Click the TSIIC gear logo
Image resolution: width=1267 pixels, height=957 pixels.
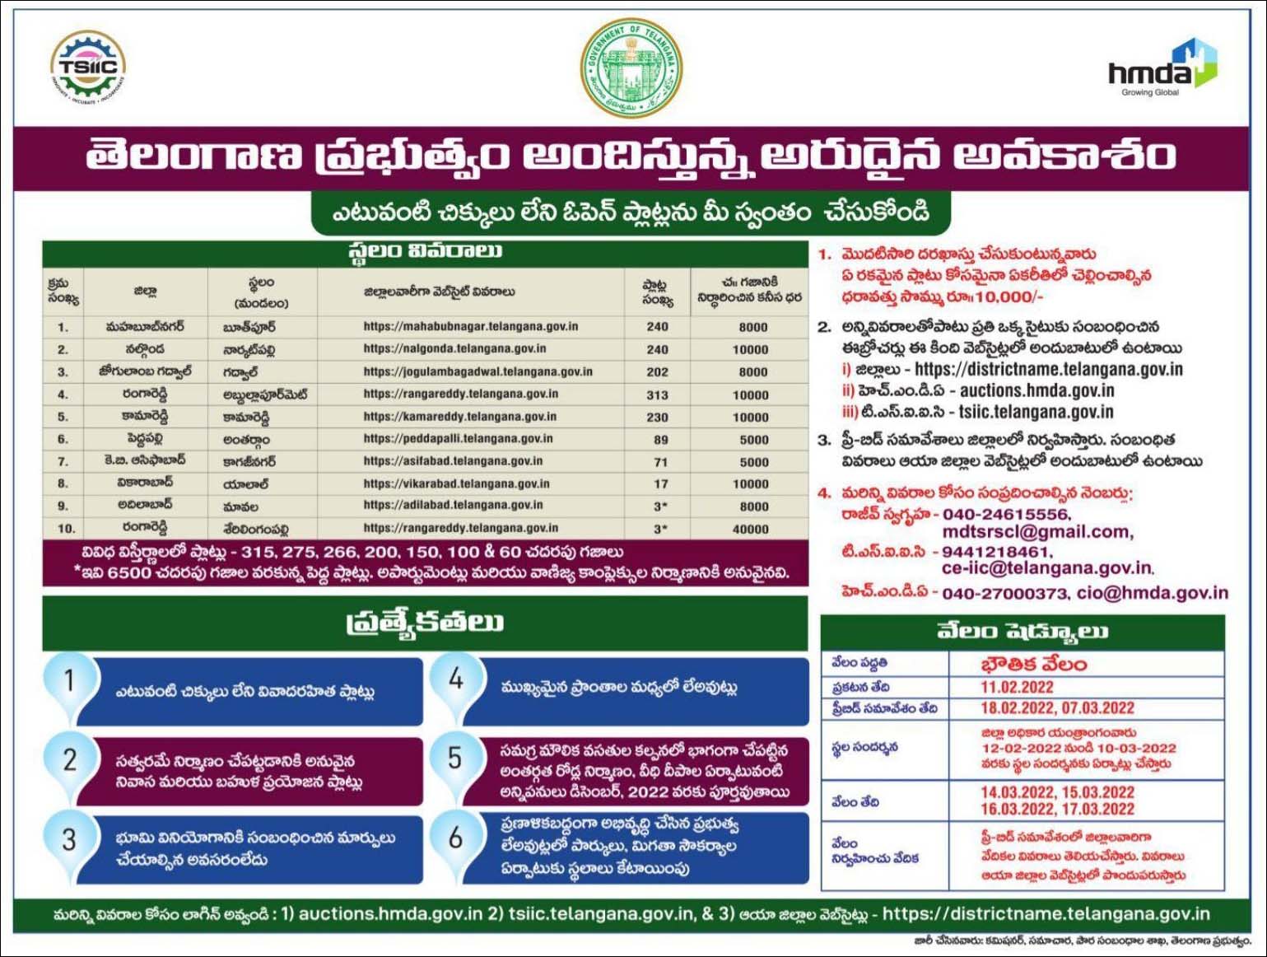coord(87,68)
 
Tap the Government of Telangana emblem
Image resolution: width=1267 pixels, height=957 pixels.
coord(631,68)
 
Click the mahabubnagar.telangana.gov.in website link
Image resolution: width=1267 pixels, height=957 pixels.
coord(470,327)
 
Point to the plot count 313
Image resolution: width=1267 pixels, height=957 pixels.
coord(657,395)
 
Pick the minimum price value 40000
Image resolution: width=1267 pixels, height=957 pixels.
coord(750,529)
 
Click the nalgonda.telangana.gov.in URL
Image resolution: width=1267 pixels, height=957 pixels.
coord(454,349)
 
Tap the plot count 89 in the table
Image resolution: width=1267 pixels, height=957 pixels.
coord(660,440)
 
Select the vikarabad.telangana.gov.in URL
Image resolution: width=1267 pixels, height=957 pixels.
coord(456,484)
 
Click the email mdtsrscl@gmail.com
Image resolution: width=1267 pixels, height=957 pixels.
coord(1037,532)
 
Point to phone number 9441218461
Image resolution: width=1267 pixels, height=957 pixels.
coord(996,552)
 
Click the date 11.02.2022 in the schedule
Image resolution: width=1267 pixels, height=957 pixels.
coord(1017,688)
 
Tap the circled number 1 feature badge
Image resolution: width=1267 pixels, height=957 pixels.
coord(69,680)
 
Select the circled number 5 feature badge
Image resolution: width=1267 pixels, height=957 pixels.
coord(454,758)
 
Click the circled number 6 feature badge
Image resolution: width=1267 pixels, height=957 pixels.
coord(454,838)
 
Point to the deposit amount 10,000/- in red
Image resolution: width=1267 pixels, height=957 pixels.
coord(1008,296)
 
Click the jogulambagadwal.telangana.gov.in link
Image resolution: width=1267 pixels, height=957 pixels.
coord(477,372)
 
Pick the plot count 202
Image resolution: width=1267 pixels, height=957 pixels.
coord(657,372)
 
